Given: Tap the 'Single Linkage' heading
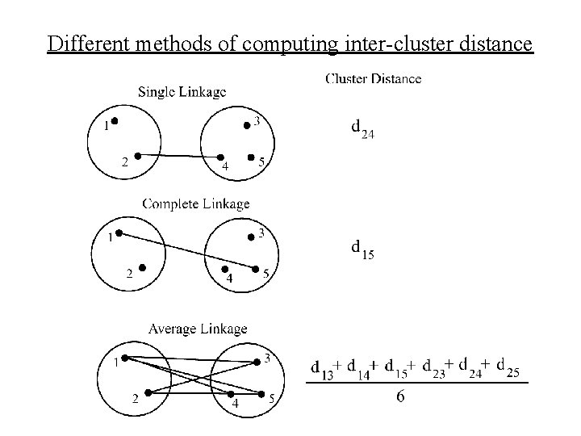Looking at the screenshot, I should [x=182, y=91].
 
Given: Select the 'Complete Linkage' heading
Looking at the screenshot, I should [x=196, y=203].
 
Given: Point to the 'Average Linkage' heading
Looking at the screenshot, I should [x=198, y=329].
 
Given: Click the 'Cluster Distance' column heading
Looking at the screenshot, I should [x=373, y=78].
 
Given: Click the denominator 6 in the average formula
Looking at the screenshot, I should [x=400, y=397].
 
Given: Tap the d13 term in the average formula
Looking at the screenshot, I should [x=322, y=368].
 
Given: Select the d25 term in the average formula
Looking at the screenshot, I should [x=508, y=367].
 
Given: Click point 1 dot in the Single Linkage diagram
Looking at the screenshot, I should [x=115, y=122].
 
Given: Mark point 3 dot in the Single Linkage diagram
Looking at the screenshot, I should [x=247, y=124].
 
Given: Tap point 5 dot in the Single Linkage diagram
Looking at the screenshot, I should [x=251, y=157].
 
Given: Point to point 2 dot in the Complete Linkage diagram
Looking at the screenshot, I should [x=141, y=267].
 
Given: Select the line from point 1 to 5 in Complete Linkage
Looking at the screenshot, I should [x=186, y=251].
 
